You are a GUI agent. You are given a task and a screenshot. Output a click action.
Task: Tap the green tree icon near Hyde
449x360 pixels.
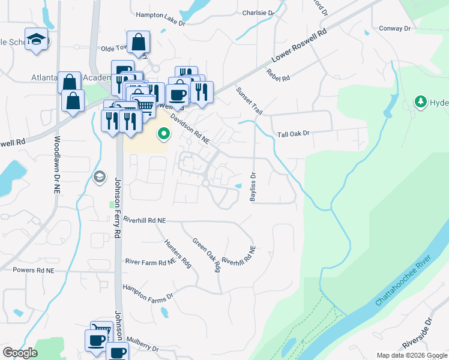coord(421,101)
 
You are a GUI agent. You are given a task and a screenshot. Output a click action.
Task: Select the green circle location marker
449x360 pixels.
coord(163,134)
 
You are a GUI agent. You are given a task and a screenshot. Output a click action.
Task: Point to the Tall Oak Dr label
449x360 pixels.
coord(292,134)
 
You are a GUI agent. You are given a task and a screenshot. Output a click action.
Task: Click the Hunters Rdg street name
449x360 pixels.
coord(178,253)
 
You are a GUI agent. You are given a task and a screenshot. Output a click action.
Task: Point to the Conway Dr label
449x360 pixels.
coord(394,28)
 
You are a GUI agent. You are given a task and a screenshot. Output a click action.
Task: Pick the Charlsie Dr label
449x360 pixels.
coord(258,12)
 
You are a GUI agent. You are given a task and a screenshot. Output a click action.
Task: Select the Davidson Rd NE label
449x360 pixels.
coord(189,130)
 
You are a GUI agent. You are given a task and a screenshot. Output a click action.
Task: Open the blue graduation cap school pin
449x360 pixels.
coord(37,39)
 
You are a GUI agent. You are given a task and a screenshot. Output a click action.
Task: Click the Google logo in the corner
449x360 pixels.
coord(20,353)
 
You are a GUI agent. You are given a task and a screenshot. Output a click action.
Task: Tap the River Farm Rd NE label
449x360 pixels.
coord(150,262)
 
